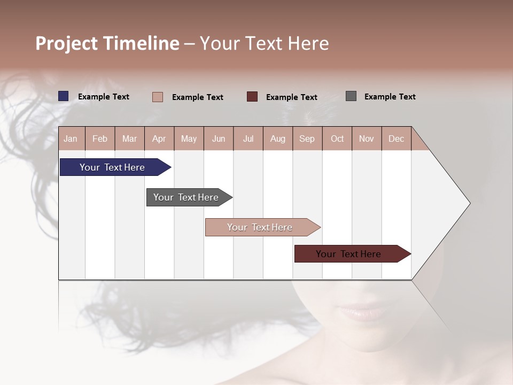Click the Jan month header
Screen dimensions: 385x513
point(71,138)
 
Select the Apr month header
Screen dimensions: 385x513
point(159,138)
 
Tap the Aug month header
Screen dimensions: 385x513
point(277,138)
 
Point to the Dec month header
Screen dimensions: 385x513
point(396,138)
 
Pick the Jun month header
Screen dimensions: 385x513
point(218,138)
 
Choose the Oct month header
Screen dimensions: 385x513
point(337,138)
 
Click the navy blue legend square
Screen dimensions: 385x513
point(64,96)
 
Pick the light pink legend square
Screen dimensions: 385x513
point(158,97)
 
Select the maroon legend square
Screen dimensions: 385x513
point(252,97)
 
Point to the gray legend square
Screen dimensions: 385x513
point(351,96)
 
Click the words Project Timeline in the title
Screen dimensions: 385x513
point(107,43)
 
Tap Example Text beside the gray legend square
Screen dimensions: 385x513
point(390,97)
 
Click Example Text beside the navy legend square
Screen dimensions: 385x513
point(104,97)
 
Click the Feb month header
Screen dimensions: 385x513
point(100,138)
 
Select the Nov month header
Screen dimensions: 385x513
point(366,138)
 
